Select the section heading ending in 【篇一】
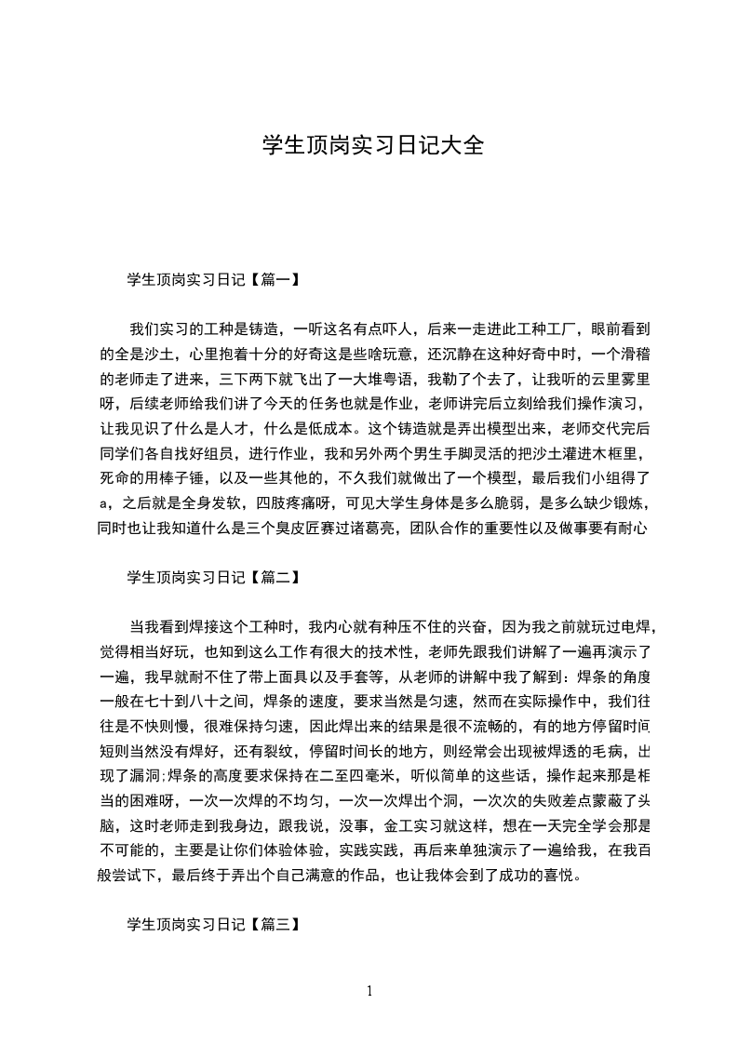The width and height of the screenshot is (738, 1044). click(213, 278)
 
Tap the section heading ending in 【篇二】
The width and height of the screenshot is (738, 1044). click(213, 578)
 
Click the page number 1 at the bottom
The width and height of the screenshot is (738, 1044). click(369, 990)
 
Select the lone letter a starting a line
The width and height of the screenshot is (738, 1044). click(102, 504)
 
